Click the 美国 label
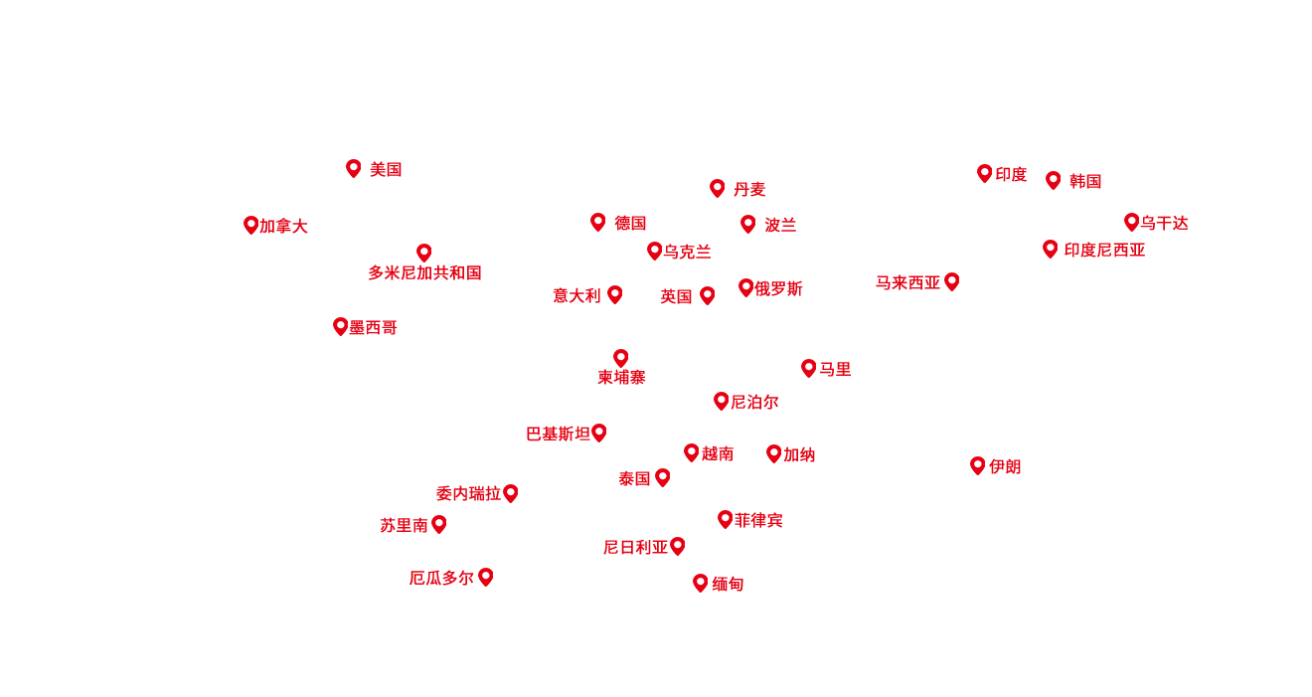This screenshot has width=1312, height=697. tap(386, 170)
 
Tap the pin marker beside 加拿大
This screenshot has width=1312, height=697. tap(250, 225)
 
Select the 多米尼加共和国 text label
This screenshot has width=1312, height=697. tap(424, 273)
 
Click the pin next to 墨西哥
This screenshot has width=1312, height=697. tap(340, 326)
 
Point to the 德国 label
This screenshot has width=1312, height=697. tap(630, 223)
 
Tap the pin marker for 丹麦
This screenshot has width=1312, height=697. tap(717, 188)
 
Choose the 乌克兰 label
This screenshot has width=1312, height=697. tap(687, 253)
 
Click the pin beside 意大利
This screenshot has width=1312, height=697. tap(615, 294)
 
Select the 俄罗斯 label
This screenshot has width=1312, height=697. tap(778, 289)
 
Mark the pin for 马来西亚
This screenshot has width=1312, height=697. tap(952, 281)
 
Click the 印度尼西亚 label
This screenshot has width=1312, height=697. tap(1104, 251)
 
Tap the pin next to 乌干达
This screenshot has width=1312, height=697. tap(1131, 222)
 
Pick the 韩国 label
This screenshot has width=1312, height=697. tap(1085, 182)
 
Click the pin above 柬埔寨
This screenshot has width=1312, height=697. tap(621, 358)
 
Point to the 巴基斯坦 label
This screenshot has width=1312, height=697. tap(559, 435)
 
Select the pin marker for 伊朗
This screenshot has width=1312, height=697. tap(978, 465)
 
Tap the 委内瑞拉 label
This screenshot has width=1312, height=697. tap(468, 494)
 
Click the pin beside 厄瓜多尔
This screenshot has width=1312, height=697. tap(486, 577)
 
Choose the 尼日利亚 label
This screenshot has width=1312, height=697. tap(635, 548)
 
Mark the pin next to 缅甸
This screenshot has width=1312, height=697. tap(700, 583)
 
